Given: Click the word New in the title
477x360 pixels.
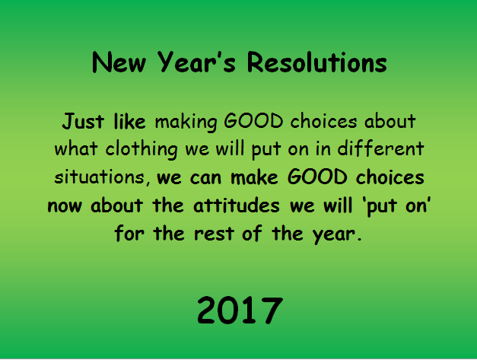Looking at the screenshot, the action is (x=119, y=62).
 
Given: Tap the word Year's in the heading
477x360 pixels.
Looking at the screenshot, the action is (x=196, y=62).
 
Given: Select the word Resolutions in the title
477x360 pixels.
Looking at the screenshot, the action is (x=317, y=62).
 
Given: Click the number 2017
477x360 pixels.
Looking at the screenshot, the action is (x=240, y=310).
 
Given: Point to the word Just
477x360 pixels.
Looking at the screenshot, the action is (x=83, y=122).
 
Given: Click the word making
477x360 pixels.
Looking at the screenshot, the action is (x=186, y=123).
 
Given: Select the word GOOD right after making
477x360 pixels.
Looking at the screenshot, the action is (x=253, y=121).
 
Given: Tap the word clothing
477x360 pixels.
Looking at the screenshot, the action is (x=142, y=150).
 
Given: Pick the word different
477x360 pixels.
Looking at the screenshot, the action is (x=380, y=148).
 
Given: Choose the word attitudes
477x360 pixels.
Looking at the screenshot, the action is (x=237, y=205).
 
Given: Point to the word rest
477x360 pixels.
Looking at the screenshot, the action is (x=215, y=234).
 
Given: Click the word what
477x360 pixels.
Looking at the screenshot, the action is (x=76, y=148).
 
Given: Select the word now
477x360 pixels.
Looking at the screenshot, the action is (x=65, y=206).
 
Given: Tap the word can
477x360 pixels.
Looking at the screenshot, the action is (x=205, y=178).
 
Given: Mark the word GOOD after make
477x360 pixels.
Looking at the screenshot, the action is (x=317, y=177).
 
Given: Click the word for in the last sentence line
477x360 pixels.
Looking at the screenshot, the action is (x=129, y=233).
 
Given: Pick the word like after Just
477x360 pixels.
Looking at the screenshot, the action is (x=129, y=122).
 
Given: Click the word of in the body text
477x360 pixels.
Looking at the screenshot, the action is (x=252, y=233).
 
